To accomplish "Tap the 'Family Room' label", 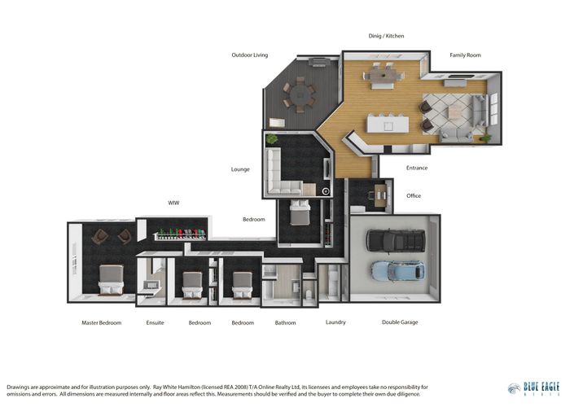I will [465, 55].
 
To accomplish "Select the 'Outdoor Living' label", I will [249, 55].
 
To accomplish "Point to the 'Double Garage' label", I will [400, 322].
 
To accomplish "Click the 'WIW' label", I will [173, 202].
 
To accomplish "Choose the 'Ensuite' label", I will [155, 322].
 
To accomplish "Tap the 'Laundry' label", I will [335, 322].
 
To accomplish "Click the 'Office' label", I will [414, 195].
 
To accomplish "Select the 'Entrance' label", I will [416, 168].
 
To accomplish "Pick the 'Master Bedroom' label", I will [101, 322].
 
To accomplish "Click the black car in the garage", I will [396, 240].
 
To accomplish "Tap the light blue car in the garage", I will [397, 270].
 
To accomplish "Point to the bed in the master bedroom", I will [110, 278].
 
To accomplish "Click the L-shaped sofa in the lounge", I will [281, 175].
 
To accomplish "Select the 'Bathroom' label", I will [285, 322].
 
